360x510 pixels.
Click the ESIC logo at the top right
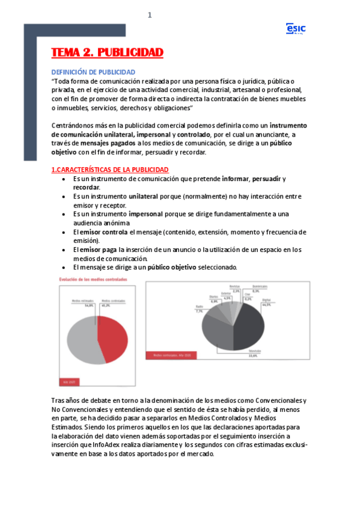[x=296, y=29]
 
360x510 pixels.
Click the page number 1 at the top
[x=150, y=16]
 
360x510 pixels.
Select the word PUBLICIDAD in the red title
[x=130, y=53]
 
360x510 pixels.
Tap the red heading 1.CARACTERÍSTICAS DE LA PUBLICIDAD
[x=110, y=170]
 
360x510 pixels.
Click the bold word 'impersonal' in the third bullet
[x=149, y=214]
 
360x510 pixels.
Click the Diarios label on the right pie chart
[x=213, y=297]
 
